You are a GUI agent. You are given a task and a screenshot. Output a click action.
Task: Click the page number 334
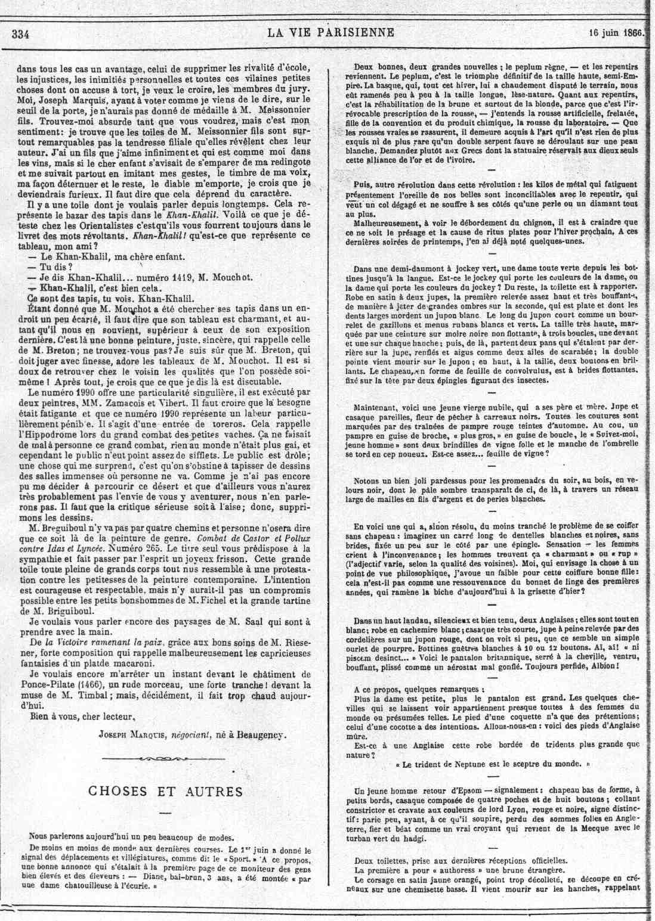pos(20,33)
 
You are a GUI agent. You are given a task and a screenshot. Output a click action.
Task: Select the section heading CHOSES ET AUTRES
pos(166,790)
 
